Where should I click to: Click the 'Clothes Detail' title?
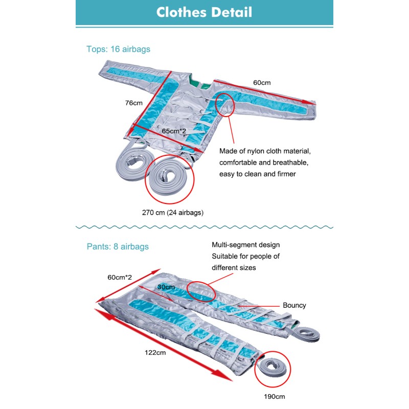point(204,12)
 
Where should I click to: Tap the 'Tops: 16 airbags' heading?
point(118,50)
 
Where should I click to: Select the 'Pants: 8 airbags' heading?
point(118,246)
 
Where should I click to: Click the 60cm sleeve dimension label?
point(262,82)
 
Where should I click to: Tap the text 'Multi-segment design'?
point(245,245)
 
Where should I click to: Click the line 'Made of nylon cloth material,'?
point(265,151)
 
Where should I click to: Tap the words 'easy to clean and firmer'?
point(258,174)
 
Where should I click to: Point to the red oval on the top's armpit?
point(225,105)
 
